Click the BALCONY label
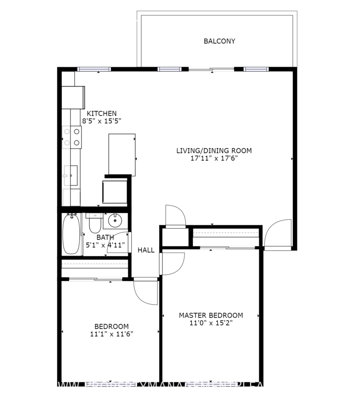(219, 41)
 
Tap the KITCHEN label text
(102, 114)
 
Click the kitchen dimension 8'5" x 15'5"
(102, 121)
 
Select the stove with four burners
(72, 137)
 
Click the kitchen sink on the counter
(71, 175)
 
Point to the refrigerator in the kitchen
(74, 96)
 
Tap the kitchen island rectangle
(122, 155)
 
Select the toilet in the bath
(95, 224)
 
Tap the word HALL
(146, 250)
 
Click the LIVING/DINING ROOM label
(214, 150)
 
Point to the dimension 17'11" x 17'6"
(214, 158)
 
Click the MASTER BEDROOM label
(211, 316)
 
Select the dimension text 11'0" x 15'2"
(211, 323)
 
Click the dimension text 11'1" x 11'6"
(109, 334)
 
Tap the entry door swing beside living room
(278, 235)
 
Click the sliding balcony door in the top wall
(211, 69)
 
